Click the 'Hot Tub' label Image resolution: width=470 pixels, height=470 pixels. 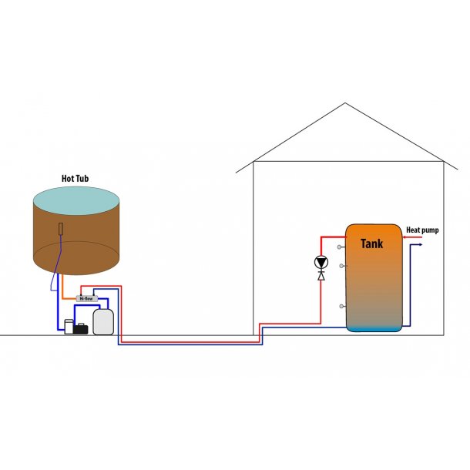(76, 178)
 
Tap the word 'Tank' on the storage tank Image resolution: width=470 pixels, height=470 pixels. (371, 243)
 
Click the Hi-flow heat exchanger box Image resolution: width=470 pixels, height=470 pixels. (87, 298)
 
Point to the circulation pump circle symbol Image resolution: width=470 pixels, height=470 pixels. (321, 262)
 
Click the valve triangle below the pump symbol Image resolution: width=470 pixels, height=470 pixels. (321, 275)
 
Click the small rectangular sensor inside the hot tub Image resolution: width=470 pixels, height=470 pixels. (62, 229)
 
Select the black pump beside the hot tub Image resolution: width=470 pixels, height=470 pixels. (81, 328)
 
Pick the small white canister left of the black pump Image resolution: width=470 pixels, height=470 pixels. (68, 327)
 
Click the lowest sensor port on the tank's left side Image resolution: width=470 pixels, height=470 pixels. (341, 306)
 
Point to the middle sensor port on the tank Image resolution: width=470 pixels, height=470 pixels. (341, 266)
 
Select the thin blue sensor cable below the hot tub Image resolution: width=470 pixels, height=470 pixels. (53, 281)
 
